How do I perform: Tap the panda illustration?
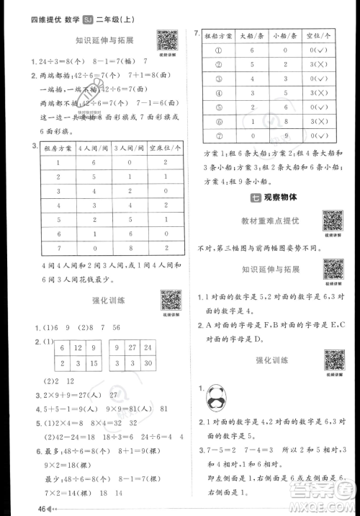[215, 395]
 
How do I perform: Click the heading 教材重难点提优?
[272, 220]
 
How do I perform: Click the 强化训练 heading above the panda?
[272, 359]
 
